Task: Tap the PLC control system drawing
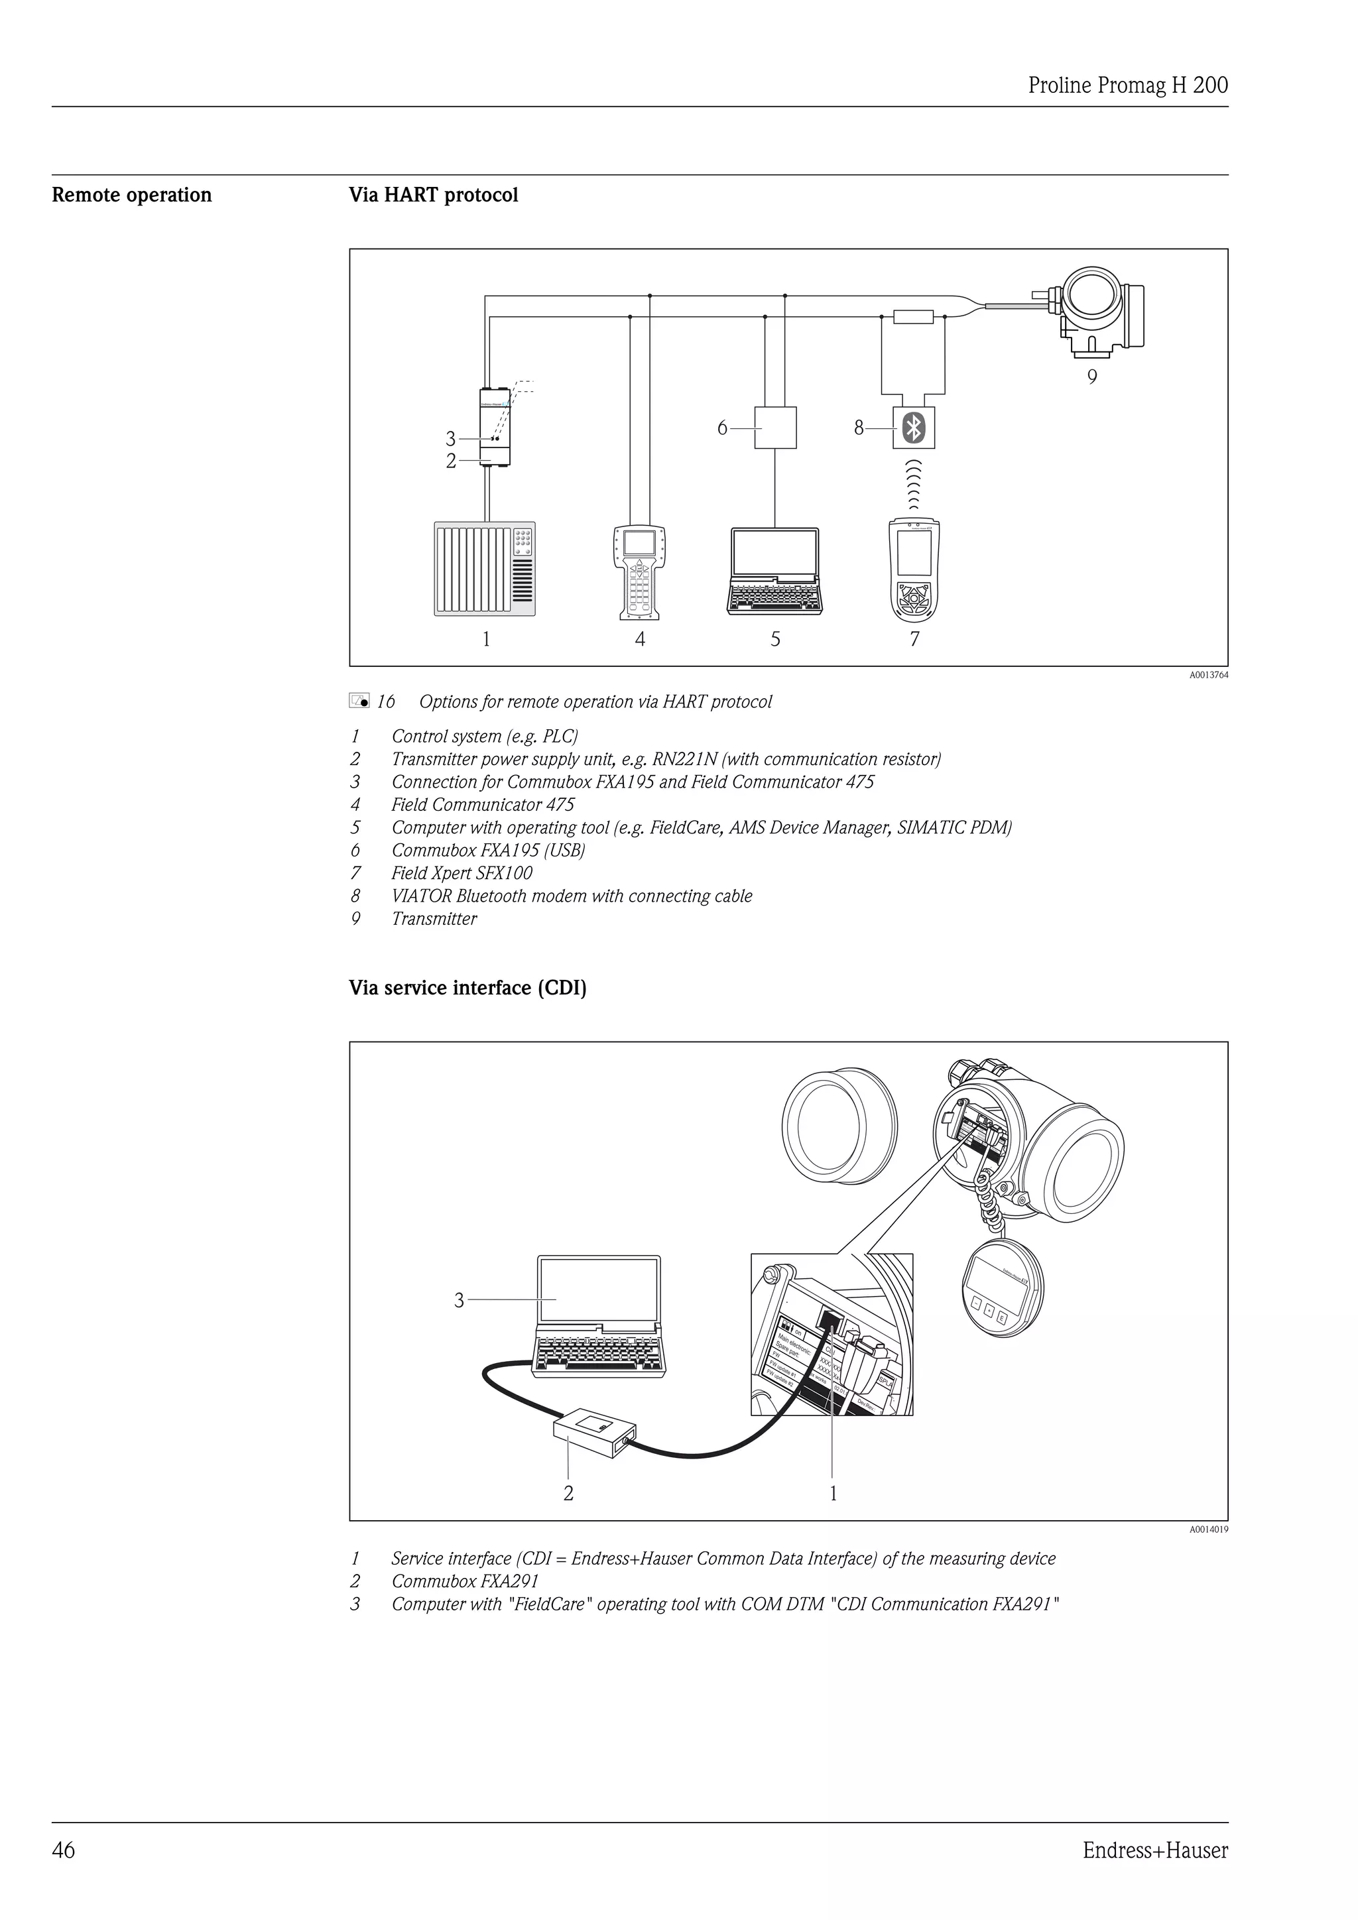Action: (485, 569)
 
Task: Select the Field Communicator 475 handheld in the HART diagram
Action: (640, 572)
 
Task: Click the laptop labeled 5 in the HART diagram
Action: (774, 571)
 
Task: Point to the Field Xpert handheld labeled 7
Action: (914, 570)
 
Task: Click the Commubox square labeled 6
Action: (775, 428)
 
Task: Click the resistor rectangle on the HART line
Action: (913, 317)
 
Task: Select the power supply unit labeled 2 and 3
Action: (494, 428)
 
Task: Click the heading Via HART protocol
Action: (433, 195)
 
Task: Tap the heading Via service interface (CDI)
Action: (467, 988)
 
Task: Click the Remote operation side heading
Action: (132, 195)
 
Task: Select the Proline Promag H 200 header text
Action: (1127, 86)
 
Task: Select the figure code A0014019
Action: (1208, 1530)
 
